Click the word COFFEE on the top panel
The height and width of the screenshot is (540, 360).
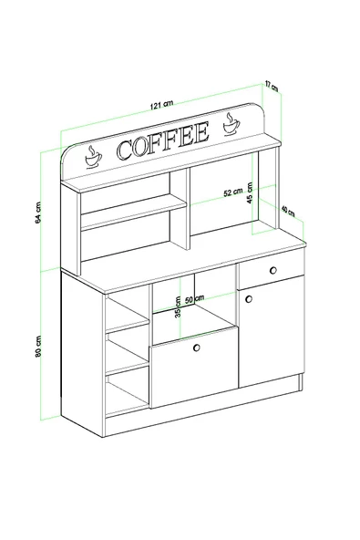point(162,142)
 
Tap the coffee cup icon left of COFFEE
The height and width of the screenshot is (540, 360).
point(92,157)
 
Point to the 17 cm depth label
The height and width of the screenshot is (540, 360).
point(272,87)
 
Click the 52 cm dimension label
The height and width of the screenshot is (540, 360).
point(232,192)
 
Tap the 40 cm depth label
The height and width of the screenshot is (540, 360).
point(288,212)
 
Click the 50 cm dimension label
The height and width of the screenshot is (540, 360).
point(193,300)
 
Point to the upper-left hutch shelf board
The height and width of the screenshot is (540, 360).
point(126,211)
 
